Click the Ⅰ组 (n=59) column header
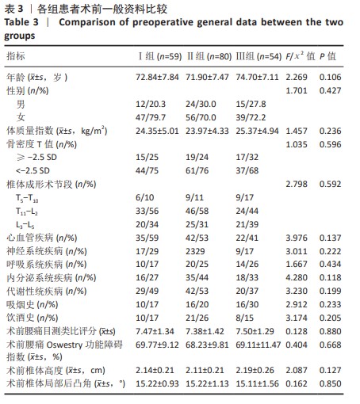[160, 56]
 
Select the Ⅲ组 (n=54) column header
[259, 56]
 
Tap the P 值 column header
[327, 56]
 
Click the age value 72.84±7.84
[157, 77]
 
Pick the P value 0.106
[330, 77]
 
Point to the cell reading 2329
[195, 251]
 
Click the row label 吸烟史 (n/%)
[33, 305]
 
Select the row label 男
[21, 104]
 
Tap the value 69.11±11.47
[259, 345]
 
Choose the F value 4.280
[297, 277]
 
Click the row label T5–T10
[27, 198]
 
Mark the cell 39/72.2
[251, 117]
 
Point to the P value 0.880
[330, 331]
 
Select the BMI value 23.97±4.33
[207, 131]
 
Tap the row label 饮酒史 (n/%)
[33, 318]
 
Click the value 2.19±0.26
[255, 370]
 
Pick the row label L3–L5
[25, 225]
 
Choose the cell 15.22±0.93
[157, 383]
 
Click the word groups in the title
[19, 36]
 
